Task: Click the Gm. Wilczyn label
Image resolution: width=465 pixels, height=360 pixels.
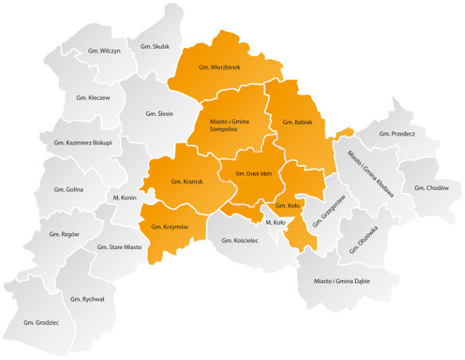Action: coord(105,51)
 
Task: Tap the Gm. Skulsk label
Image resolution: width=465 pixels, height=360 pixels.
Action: coord(155,46)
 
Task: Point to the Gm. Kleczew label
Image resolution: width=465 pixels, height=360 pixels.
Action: coord(93,97)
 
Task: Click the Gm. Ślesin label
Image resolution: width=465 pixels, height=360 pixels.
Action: coord(160,115)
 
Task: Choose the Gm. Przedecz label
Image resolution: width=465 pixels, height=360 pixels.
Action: coord(396,133)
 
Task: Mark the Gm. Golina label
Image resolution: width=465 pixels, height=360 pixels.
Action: coord(69,189)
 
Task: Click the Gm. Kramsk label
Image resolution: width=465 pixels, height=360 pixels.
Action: coord(187,182)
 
